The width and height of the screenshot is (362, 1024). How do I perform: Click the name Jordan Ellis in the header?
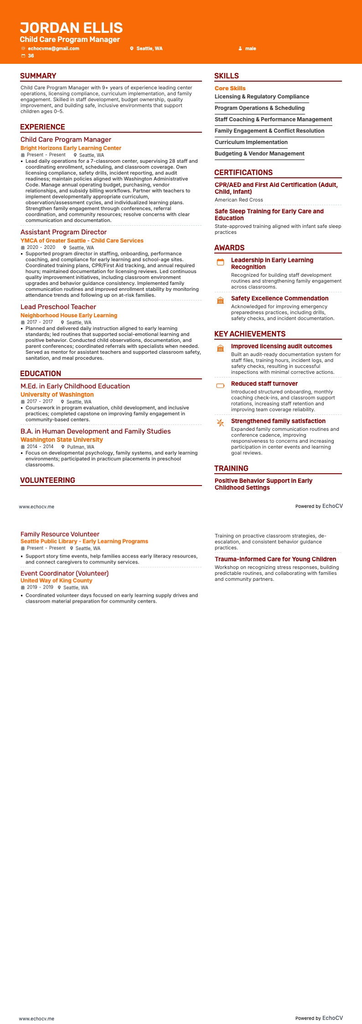(x=71, y=28)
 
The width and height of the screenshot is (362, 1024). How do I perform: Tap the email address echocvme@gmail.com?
(x=53, y=48)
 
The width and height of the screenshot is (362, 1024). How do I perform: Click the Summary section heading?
(x=38, y=76)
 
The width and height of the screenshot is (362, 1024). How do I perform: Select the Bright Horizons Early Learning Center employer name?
(x=71, y=148)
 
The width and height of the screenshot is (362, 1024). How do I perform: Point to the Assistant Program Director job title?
(x=63, y=232)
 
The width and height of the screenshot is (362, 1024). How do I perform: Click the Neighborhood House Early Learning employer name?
(x=69, y=315)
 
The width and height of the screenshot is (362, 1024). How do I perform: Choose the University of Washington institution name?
(x=57, y=395)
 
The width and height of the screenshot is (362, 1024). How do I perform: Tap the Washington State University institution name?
(x=62, y=440)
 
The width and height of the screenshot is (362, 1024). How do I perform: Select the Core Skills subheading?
(x=230, y=88)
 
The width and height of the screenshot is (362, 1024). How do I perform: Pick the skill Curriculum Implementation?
(x=251, y=142)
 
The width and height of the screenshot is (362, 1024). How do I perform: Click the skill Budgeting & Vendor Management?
(x=259, y=154)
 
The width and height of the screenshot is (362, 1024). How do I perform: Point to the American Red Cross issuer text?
(x=239, y=200)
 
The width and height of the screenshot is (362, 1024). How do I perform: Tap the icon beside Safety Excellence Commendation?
(x=221, y=300)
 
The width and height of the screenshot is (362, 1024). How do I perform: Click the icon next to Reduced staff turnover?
(x=221, y=386)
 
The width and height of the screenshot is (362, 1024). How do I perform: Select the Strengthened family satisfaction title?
(x=278, y=421)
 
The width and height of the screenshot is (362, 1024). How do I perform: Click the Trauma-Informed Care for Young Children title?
(x=275, y=559)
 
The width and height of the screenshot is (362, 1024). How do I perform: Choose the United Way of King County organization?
(x=56, y=581)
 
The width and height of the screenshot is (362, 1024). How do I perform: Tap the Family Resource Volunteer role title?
(x=60, y=534)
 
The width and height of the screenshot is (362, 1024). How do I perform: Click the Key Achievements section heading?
(x=250, y=334)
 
